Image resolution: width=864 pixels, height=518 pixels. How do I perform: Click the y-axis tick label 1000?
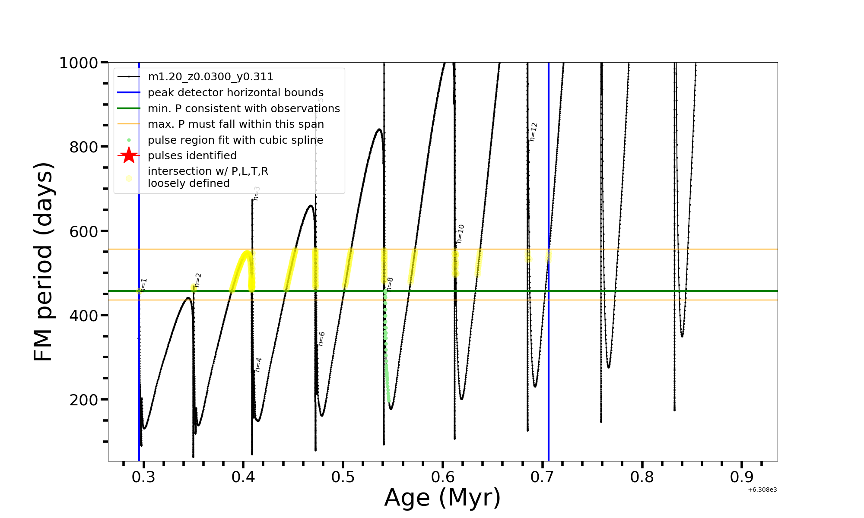pyautogui.click(x=79, y=63)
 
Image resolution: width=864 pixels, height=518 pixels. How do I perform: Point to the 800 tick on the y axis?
pyautogui.click(x=84, y=147)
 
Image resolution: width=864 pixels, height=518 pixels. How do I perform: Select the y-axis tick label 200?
pyautogui.click(x=84, y=400)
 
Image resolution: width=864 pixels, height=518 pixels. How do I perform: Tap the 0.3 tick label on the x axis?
pyautogui.click(x=143, y=477)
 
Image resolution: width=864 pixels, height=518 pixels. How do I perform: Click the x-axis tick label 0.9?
pyautogui.click(x=741, y=477)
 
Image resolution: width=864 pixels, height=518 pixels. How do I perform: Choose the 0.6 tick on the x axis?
pyautogui.click(x=442, y=477)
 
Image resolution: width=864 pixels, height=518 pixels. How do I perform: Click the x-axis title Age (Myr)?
pyautogui.click(x=442, y=498)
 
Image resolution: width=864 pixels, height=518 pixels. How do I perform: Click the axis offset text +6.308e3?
pyautogui.click(x=762, y=490)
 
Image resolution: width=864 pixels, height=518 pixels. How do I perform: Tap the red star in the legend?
pyautogui.click(x=129, y=155)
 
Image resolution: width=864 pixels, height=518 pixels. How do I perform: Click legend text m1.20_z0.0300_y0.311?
pyautogui.click(x=210, y=77)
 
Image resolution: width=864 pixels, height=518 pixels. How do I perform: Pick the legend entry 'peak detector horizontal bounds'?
pyautogui.click(x=235, y=93)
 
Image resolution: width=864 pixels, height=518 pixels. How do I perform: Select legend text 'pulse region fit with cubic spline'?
pyautogui.click(x=235, y=140)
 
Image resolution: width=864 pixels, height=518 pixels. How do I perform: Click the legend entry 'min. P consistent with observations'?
pyautogui.click(x=244, y=109)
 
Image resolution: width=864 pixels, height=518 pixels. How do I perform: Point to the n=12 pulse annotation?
pyautogui.click(x=534, y=132)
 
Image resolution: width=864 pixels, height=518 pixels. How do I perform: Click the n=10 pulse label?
pyautogui.click(x=461, y=234)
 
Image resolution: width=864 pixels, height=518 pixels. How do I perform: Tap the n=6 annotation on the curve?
pyautogui.click(x=321, y=339)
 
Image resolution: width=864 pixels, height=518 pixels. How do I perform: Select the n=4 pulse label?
pyautogui.click(x=258, y=365)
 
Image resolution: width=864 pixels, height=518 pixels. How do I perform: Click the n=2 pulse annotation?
pyautogui.click(x=198, y=280)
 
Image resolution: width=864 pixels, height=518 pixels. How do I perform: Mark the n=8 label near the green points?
pyautogui.click(x=390, y=284)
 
